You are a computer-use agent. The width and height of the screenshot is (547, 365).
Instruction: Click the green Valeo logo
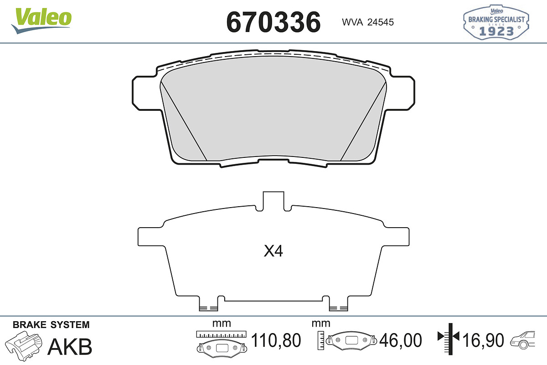pyautogui.click(x=41, y=21)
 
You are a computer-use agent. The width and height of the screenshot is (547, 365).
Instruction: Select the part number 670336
pyautogui.click(x=273, y=22)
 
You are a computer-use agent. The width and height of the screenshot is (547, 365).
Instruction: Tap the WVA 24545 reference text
pyautogui.click(x=368, y=22)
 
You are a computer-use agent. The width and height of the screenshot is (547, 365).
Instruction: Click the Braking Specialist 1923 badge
pyautogui.click(x=496, y=22)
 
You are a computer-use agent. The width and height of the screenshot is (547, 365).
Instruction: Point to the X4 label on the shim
pyautogui.click(x=273, y=251)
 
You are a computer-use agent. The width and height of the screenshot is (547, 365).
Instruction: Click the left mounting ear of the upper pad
pyautogui.click(x=146, y=93)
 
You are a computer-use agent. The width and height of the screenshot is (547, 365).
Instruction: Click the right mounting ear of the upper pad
pyautogui.click(x=401, y=93)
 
